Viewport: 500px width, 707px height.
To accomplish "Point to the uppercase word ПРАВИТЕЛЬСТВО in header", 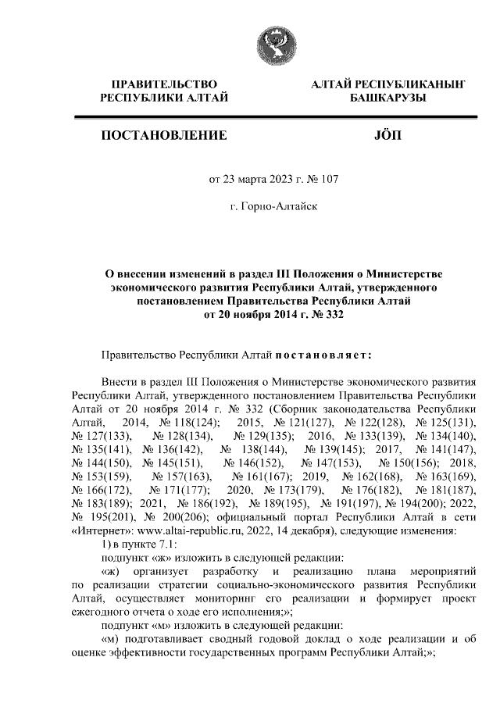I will [164, 83].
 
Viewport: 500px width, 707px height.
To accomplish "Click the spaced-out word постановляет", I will [320, 354].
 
